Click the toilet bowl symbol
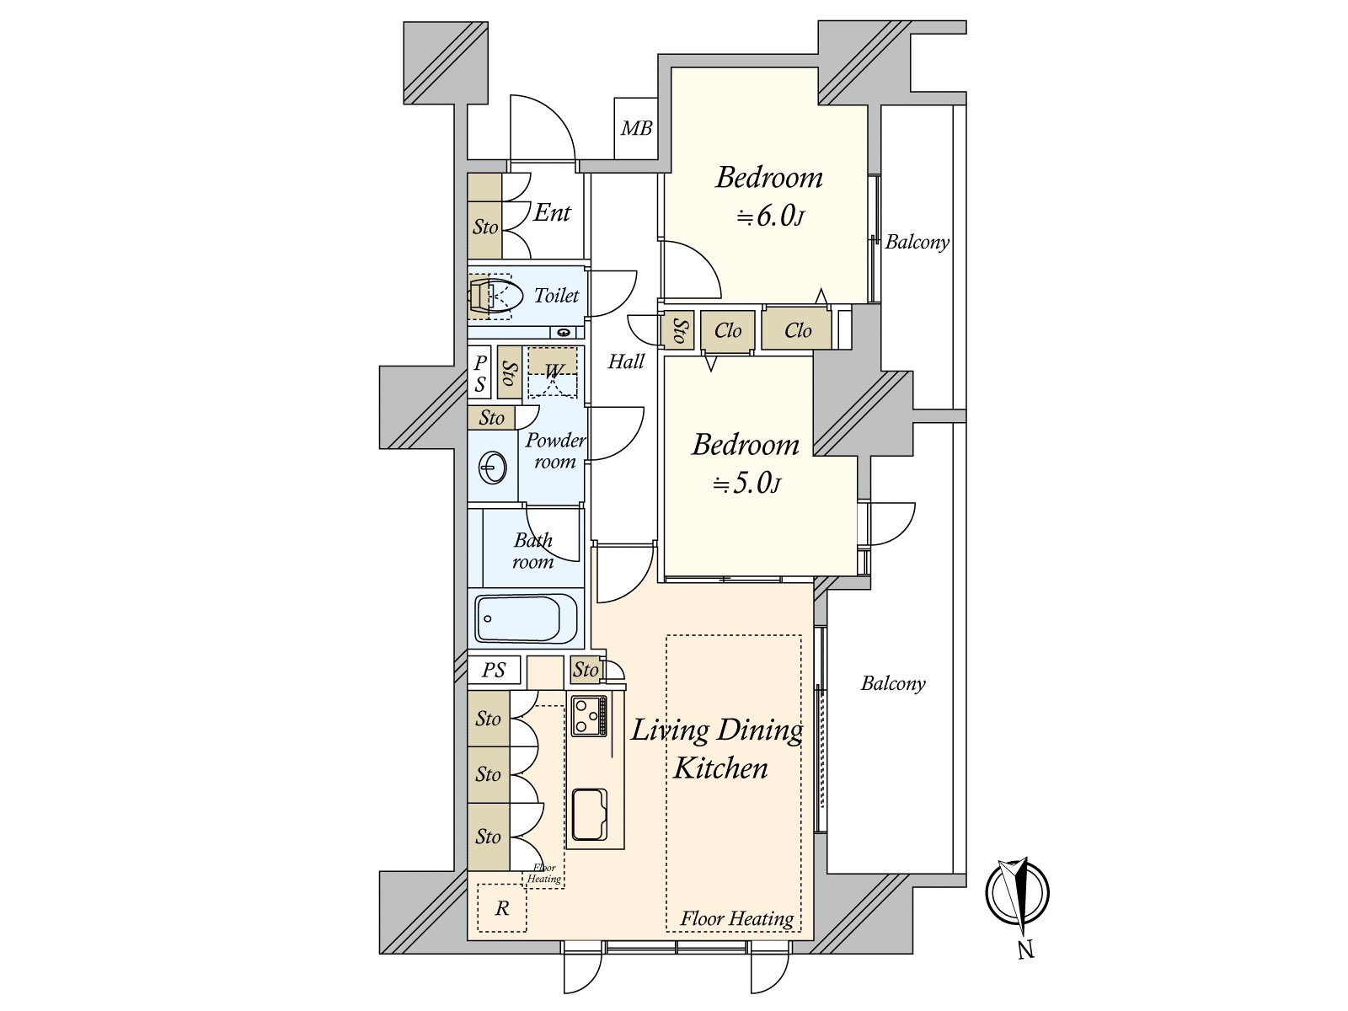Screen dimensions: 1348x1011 click(x=495, y=297)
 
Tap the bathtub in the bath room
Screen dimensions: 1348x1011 click(x=526, y=618)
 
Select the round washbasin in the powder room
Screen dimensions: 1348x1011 click(x=492, y=468)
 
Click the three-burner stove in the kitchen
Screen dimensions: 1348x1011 click(x=589, y=715)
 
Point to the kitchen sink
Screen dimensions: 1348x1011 click(x=590, y=815)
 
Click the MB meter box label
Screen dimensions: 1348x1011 click(x=636, y=128)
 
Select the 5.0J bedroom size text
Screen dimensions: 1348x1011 click(x=746, y=484)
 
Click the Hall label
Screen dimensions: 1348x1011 click(x=626, y=361)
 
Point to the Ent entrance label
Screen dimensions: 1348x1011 click(x=552, y=212)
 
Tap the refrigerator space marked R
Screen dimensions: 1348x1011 click(x=502, y=908)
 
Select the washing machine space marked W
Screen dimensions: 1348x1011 click(x=553, y=372)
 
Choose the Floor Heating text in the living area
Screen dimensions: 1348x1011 click(x=737, y=919)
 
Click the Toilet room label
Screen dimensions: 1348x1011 click(x=556, y=296)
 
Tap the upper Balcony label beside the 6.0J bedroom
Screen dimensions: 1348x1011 click(x=917, y=243)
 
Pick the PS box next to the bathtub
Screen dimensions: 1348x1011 click(x=494, y=670)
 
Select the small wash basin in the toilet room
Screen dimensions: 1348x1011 click(x=563, y=333)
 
